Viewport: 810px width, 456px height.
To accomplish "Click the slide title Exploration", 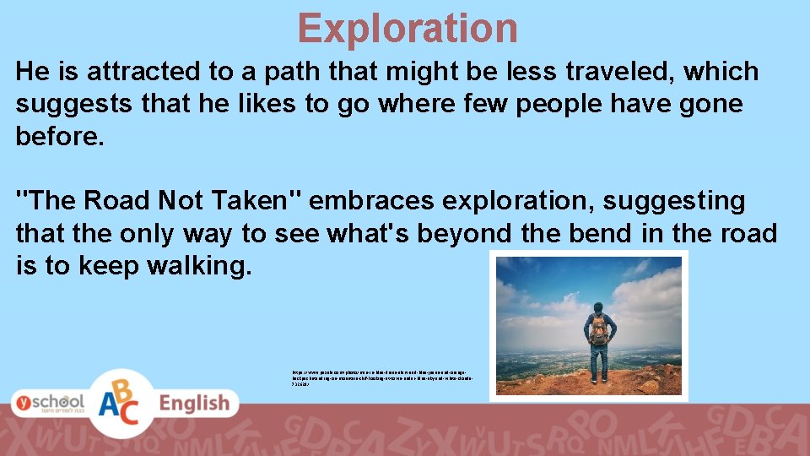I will point(407,28).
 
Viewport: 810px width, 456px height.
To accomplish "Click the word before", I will point(59,137).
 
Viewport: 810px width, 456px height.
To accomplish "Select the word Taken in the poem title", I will point(258,201).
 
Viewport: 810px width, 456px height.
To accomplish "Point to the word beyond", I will point(462,234).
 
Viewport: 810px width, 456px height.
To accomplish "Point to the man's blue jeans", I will point(598,364).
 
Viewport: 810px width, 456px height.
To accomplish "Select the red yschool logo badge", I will point(48,404).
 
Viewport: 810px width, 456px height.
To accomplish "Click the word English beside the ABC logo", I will point(195,404).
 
